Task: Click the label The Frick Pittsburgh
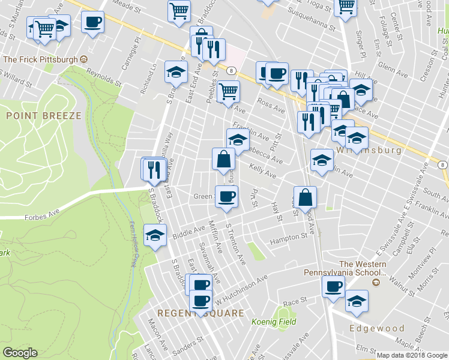coord(41,59)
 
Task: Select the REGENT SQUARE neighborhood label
coord(200,313)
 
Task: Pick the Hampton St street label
coord(288,238)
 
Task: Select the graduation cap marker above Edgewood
coord(357,301)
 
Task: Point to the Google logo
coord(20,353)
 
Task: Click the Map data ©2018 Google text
coord(411,355)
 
